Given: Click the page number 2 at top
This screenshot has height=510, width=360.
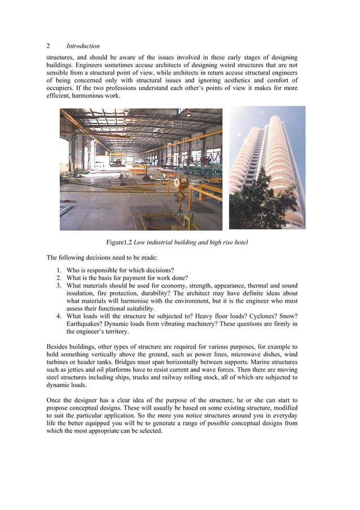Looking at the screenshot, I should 49,46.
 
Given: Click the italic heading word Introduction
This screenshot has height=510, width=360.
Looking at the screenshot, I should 84,46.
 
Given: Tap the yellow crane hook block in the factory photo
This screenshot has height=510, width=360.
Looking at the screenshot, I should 182,185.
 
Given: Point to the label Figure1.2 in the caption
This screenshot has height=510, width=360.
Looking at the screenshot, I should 120,243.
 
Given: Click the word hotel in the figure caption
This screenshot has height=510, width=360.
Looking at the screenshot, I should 239,243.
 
